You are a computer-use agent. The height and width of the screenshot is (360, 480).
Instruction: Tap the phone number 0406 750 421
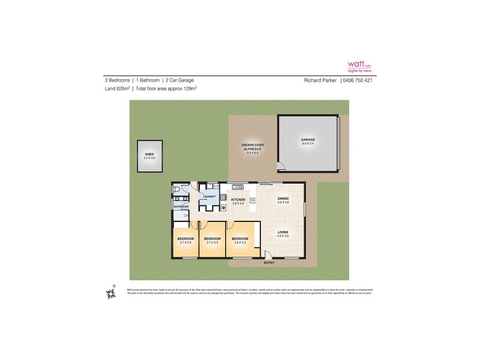point(358,80)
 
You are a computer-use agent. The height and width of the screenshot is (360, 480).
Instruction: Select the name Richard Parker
point(320,80)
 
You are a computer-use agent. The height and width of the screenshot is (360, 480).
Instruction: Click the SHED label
point(149,154)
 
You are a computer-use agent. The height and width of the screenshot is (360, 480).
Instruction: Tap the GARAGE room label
point(308,139)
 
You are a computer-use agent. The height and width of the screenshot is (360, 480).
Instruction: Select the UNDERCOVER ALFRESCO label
point(252,147)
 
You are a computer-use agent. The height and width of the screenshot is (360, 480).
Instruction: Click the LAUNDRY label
point(209,196)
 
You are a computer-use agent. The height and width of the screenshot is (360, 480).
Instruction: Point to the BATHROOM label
point(181,206)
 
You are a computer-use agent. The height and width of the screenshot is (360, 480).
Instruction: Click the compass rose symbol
point(111,292)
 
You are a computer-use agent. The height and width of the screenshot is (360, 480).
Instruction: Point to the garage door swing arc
point(281,168)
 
